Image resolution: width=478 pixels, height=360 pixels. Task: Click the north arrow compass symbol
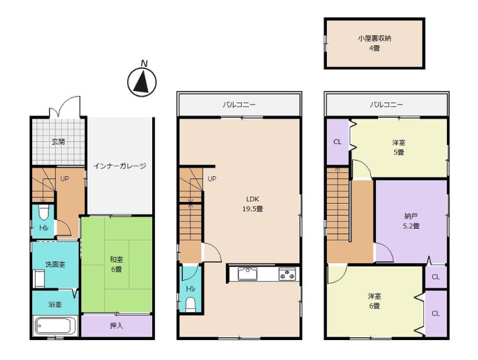(x=142, y=81)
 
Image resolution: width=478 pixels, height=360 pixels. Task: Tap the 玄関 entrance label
(x=58, y=142)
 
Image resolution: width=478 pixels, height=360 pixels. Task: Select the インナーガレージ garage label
(x=119, y=166)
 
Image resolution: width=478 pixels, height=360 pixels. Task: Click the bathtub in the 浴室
(x=55, y=326)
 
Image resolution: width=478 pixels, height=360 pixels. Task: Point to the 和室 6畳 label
(x=116, y=265)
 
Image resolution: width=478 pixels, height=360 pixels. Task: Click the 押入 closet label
(x=116, y=326)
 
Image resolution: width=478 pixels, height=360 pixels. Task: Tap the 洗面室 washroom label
(x=55, y=265)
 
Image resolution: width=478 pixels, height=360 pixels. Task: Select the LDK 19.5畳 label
(x=253, y=204)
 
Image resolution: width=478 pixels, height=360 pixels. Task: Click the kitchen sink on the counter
(x=247, y=274)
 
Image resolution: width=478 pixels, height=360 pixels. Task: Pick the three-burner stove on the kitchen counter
(x=287, y=274)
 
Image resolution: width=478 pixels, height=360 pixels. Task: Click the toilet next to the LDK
(x=190, y=305)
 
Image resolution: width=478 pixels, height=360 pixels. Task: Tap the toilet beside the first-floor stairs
(x=44, y=212)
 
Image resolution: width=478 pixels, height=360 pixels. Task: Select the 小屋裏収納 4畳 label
(x=374, y=43)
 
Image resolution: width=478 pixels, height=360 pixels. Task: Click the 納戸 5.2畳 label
(x=411, y=221)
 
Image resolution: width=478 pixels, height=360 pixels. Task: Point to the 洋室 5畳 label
(x=399, y=147)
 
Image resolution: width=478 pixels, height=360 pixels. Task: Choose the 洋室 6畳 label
(x=374, y=301)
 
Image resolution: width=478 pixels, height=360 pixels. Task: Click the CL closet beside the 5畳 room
(x=337, y=142)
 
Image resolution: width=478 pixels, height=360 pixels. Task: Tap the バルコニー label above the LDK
(x=239, y=105)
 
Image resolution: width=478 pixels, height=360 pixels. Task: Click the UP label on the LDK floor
(x=212, y=179)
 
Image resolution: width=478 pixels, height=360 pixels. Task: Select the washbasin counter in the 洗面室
(x=39, y=278)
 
